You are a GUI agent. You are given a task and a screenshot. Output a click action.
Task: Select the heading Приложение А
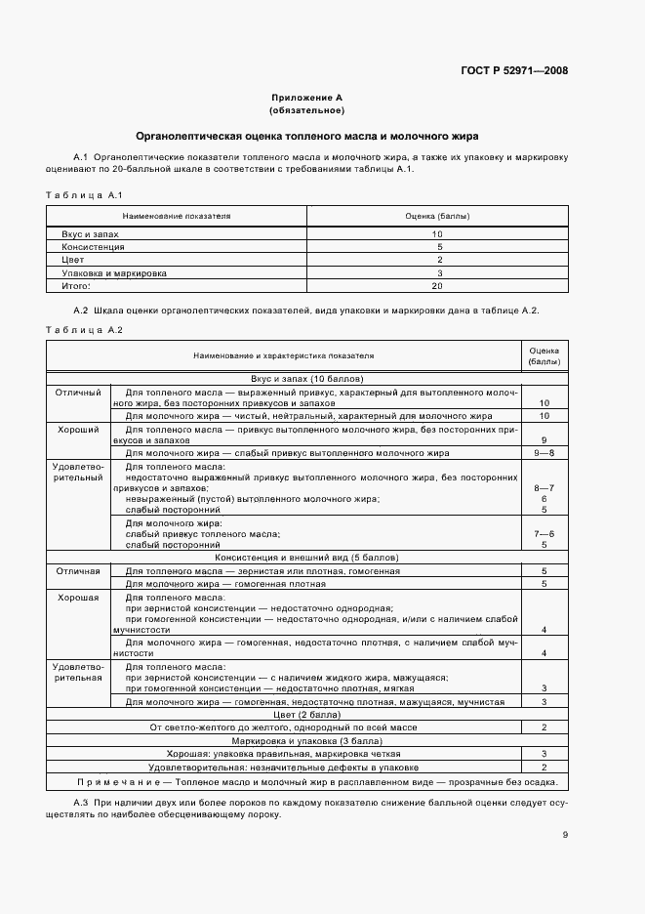(x=306, y=98)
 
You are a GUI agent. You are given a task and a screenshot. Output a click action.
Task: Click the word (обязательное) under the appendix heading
(x=306, y=110)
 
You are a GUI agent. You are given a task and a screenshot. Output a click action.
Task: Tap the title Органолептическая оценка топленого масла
(x=306, y=136)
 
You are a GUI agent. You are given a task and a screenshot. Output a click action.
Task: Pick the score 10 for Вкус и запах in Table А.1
(x=438, y=234)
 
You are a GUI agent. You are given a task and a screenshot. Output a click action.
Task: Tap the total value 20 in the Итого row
(x=438, y=286)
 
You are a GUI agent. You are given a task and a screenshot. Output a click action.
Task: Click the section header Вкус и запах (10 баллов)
(x=306, y=378)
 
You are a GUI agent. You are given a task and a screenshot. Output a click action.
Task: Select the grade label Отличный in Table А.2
(x=79, y=392)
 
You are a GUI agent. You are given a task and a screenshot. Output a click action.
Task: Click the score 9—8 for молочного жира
(x=544, y=453)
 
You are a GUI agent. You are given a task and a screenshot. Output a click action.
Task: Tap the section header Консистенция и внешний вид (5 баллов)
(x=306, y=558)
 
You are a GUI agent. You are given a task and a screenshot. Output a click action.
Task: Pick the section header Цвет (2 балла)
(x=306, y=714)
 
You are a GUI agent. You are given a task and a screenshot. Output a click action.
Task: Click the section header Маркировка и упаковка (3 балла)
(x=306, y=740)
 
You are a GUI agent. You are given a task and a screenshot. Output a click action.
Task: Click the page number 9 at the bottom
(x=565, y=834)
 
